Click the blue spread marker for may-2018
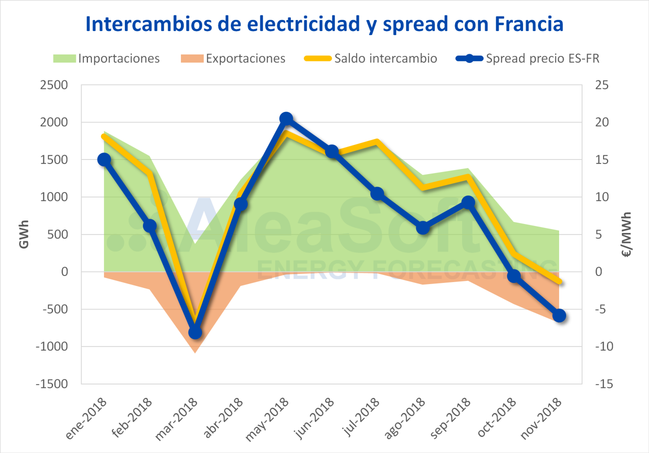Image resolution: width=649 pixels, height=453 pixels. [286, 118]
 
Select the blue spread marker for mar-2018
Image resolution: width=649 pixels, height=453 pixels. [195, 332]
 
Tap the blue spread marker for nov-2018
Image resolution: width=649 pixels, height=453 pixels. [559, 315]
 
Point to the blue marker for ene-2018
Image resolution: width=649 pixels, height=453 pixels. [104, 159]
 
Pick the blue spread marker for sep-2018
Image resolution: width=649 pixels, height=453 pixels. [468, 202]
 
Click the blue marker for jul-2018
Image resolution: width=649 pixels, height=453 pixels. [377, 194]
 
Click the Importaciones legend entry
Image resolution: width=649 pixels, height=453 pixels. [106, 58]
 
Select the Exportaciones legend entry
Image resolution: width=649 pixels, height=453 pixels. [232, 58]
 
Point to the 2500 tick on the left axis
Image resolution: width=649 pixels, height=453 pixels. [53, 85]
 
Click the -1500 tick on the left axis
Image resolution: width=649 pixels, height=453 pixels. [51, 384]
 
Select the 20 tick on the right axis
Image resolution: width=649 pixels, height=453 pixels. [600, 122]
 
